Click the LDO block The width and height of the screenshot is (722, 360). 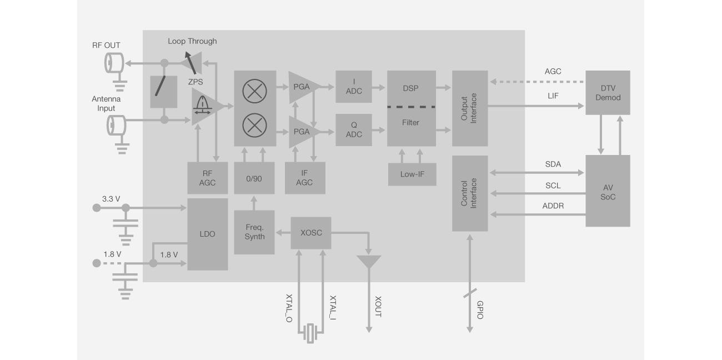point(208,234)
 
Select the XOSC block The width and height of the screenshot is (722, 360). point(310,233)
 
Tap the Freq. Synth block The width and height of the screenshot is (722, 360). point(254,232)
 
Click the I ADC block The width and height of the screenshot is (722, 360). point(353,87)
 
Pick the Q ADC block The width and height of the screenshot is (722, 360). point(353,129)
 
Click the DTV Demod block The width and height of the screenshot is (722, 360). point(608,92)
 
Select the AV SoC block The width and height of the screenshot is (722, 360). point(608,191)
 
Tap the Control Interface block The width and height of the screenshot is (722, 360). point(470,193)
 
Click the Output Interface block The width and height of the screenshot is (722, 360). point(470,108)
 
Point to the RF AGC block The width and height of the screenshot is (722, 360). point(207,178)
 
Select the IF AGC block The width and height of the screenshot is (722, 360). point(304,178)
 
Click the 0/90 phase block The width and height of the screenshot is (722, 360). point(254,178)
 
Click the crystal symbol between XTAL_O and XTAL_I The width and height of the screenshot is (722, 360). point(310,332)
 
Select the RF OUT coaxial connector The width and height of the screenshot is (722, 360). point(114,63)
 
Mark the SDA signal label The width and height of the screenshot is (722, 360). point(553,164)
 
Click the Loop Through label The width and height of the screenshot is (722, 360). point(192,41)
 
